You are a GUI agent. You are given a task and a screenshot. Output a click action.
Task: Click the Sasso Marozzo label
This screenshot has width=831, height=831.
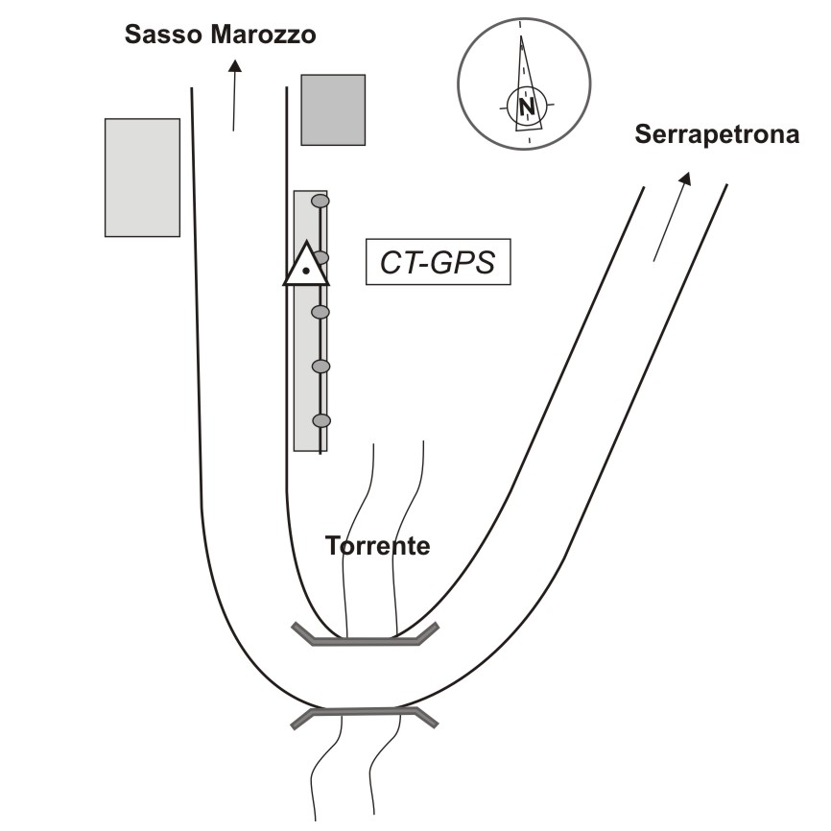pos(221,36)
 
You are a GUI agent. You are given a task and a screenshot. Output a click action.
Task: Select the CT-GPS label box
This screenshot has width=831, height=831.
pos(439,262)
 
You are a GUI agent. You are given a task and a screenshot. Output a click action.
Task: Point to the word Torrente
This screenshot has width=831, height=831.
pos(377,547)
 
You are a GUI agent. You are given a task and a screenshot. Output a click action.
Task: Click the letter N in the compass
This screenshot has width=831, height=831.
pos(527,106)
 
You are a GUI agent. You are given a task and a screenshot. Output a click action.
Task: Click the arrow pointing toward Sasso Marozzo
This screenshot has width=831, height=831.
pos(234,95)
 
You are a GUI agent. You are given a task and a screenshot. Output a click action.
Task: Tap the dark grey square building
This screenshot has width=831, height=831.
pos(333,109)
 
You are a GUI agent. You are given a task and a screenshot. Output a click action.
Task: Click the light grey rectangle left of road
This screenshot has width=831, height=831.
pos(142,177)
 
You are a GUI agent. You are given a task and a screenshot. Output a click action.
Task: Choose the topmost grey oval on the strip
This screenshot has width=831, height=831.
pos(321,202)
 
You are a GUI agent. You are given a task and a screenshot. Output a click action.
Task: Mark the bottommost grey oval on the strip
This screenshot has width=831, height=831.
pos(321,420)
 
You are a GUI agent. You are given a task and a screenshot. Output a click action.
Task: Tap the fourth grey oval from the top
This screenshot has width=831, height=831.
pos(321,366)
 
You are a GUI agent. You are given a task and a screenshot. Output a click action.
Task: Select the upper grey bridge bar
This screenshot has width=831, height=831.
pos(366,637)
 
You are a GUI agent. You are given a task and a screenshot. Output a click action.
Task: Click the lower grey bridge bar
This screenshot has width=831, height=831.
pos(366,713)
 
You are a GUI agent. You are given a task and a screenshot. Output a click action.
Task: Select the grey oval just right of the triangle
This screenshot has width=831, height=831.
pos(322,257)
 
